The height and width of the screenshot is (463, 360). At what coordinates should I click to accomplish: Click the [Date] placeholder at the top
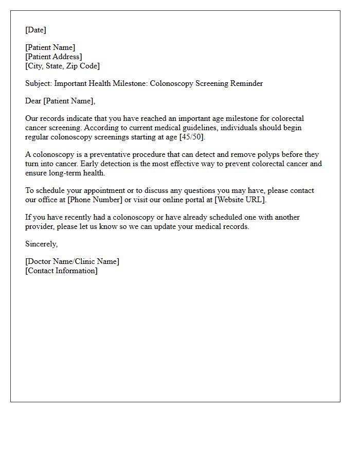pyautogui.click(x=35, y=30)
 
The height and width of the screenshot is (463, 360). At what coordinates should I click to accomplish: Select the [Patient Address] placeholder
pyautogui.click(x=53, y=57)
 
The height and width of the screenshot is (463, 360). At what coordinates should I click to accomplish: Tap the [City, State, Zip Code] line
pyautogui.click(x=62, y=66)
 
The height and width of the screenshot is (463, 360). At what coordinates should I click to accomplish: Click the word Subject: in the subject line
pyautogui.click(x=39, y=83)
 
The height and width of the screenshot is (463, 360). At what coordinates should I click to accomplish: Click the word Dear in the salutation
pyautogui.click(x=33, y=101)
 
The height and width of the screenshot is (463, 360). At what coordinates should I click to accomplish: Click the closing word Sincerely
pyautogui.click(x=41, y=244)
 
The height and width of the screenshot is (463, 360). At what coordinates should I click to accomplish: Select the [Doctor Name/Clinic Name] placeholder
pyautogui.click(x=72, y=261)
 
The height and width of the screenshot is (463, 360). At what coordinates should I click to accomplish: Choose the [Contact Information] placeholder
pyautogui.click(x=61, y=271)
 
